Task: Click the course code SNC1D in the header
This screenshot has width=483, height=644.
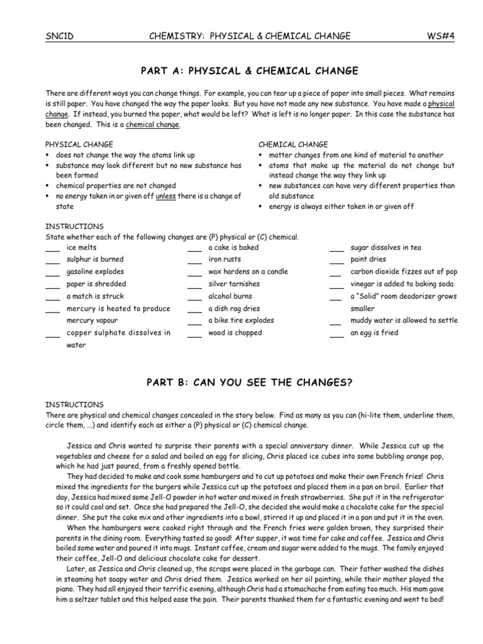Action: tap(60, 36)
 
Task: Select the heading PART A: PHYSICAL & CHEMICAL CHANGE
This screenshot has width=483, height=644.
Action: tap(241, 70)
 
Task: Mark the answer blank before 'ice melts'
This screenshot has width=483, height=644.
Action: tap(52, 249)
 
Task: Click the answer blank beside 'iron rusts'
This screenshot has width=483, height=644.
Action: tap(194, 261)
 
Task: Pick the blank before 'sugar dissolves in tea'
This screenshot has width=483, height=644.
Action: tap(336, 249)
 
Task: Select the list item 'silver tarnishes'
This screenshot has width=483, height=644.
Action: tap(234, 284)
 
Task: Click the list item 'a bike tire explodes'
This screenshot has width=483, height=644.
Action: tap(241, 321)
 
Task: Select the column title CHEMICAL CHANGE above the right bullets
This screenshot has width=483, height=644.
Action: tap(293, 145)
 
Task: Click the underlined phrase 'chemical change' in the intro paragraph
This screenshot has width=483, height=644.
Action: tap(153, 125)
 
